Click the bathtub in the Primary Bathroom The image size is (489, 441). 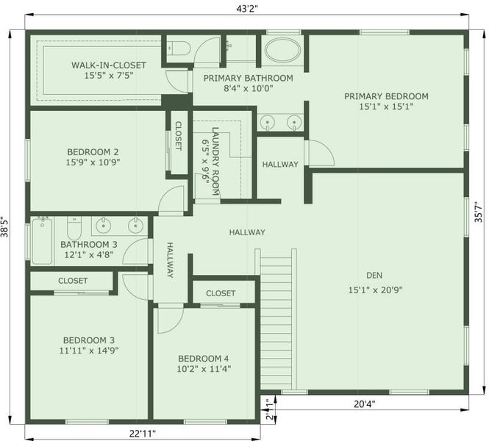[283, 50]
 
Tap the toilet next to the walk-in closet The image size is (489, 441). [178, 48]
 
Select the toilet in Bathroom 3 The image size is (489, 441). [74, 228]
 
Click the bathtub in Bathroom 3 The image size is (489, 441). [42, 240]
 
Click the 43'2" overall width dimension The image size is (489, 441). [247, 8]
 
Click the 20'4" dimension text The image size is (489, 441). [364, 404]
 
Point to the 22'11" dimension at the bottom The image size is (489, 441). [142, 433]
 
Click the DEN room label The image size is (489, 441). [374, 275]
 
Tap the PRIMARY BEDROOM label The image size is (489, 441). [386, 96]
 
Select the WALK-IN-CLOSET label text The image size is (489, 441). [109, 65]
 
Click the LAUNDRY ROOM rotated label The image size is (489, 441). [215, 161]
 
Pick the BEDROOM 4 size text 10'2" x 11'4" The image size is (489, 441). [204, 369]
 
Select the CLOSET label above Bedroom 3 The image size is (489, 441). [73, 281]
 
